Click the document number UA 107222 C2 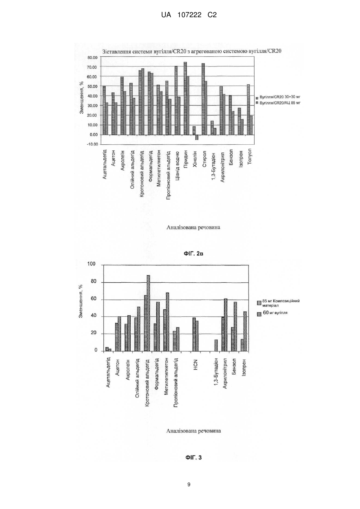(189, 15)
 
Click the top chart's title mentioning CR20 (192, 51)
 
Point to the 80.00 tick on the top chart (92, 58)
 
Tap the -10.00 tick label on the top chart (92, 144)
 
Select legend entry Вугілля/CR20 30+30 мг (278, 97)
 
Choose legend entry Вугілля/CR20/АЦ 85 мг (278, 103)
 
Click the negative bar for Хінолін (197, 137)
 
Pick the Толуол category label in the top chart (250, 157)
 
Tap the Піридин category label (186, 159)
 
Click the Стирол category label (204, 159)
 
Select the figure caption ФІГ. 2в (193, 254)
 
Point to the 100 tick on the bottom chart (91, 264)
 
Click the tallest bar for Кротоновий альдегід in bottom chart (148, 313)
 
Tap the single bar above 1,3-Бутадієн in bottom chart (216, 345)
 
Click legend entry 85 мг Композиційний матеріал (278, 303)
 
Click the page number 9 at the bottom (189, 485)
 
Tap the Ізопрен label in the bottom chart (244, 367)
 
